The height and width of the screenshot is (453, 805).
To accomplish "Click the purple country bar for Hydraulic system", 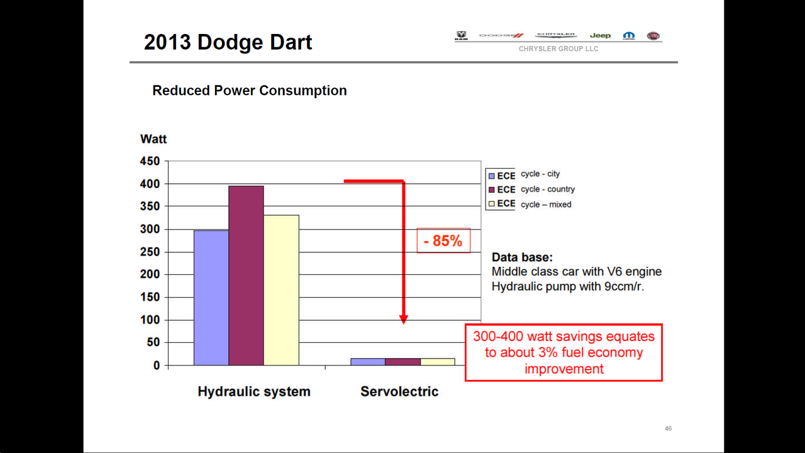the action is click(x=246, y=276).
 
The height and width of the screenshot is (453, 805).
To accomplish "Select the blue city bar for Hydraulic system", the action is click(x=211, y=298).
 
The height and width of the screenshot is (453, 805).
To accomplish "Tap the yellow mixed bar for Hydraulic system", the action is click(x=281, y=290).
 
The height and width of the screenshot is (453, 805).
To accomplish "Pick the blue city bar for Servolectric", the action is click(x=368, y=362).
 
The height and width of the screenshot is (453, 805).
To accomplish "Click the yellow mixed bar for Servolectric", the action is click(x=438, y=362).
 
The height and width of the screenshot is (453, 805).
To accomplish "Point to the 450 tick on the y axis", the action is click(x=150, y=161).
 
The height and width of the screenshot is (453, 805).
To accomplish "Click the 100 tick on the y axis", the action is click(x=150, y=320).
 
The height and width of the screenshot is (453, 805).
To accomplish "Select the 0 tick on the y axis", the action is click(x=157, y=366).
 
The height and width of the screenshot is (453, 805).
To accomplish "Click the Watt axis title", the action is click(x=153, y=139).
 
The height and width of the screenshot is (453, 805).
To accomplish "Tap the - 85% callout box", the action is click(x=443, y=240).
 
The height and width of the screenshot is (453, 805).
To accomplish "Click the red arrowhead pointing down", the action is click(x=404, y=320).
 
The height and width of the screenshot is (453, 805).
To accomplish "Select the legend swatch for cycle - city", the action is click(x=492, y=176).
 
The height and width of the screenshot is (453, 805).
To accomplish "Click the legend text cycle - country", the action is click(x=548, y=189).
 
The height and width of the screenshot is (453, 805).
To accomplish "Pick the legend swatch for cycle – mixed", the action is click(x=492, y=203).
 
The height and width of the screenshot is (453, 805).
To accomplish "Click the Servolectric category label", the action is click(x=399, y=391).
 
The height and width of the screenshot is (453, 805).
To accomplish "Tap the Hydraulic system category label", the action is click(x=254, y=391).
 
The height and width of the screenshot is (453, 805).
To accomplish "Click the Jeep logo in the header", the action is click(x=600, y=36).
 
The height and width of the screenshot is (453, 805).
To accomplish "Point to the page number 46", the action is click(x=668, y=428).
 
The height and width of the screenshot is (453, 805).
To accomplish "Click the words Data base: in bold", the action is click(x=522, y=257).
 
